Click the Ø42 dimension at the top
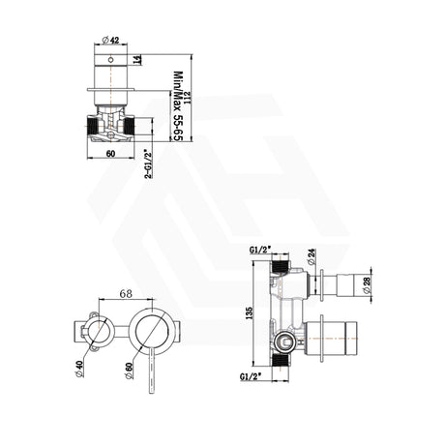point(108,42)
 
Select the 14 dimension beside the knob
point(145,61)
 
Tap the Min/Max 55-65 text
point(177,103)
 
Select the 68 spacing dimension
point(124,294)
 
